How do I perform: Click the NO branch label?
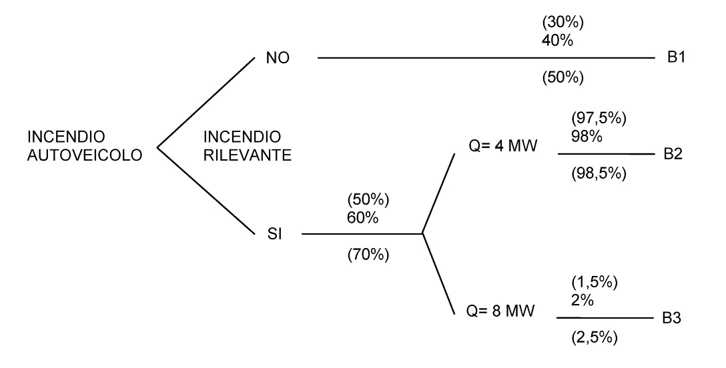tap(276, 59)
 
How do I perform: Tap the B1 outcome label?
tap(677, 58)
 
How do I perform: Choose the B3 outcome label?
tap(673, 319)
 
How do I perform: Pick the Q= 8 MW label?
tap(502, 311)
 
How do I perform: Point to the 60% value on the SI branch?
tap(361, 217)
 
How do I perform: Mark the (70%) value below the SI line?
tap(368, 255)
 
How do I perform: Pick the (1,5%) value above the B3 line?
tap(594, 282)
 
